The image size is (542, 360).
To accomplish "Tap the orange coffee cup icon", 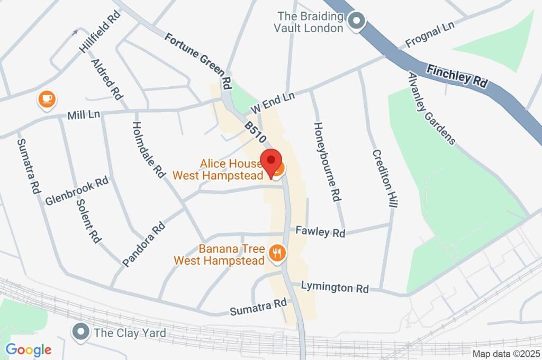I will tap(47, 99).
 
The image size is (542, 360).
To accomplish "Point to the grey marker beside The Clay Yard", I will tap(80, 332).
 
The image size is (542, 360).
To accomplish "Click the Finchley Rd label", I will tap(457, 77).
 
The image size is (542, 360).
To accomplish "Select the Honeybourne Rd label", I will tap(326, 161).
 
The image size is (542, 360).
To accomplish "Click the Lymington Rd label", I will tap(335, 287).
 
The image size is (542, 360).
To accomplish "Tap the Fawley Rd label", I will tap(320, 231).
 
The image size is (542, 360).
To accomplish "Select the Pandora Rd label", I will tap(143, 244).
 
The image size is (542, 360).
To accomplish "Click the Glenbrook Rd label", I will tap(77, 191).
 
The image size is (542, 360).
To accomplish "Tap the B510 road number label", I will tap(255, 132).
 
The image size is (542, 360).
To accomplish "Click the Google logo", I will tap(29, 349).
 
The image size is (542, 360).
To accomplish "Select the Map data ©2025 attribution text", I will tap(505, 354).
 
